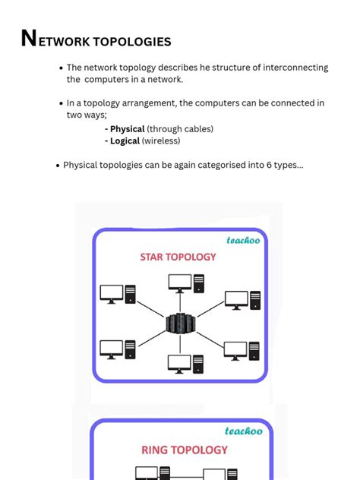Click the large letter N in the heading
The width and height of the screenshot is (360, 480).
(29, 39)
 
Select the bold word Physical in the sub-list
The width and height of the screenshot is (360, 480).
(127, 129)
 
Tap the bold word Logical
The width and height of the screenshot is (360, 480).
(125, 141)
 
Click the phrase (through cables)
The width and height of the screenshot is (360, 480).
(180, 129)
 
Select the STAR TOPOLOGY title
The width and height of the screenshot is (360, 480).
(178, 257)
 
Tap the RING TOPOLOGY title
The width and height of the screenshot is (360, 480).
(185, 450)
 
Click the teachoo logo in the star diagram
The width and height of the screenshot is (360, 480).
(244, 240)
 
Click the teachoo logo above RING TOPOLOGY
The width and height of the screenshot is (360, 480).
(243, 431)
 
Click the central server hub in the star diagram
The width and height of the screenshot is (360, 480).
(179, 324)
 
